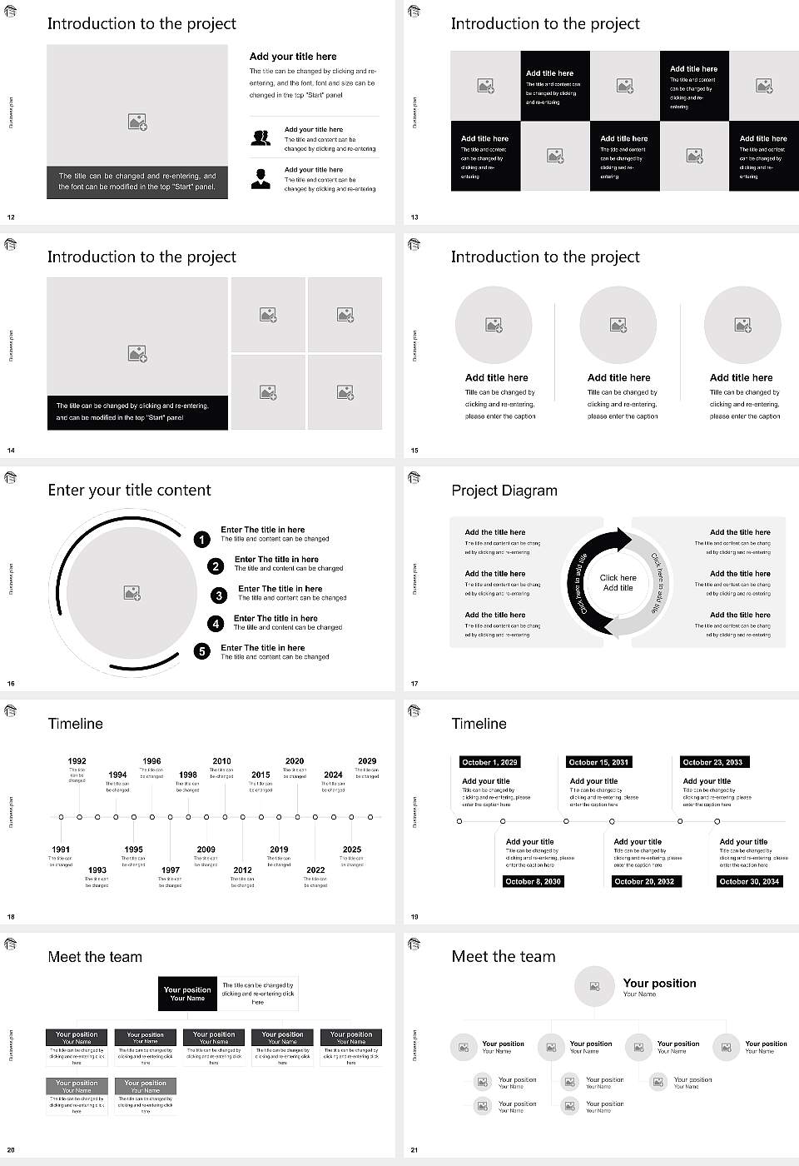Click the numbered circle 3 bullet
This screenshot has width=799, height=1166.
point(219,595)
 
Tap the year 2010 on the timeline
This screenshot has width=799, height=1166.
point(221,761)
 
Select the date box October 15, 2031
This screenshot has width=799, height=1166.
point(598,762)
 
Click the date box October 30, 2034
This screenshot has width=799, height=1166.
point(749,881)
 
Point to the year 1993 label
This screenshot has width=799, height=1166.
point(97,870)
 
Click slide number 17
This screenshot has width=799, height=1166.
point(414,684)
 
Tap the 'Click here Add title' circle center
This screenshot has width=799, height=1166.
point(618,583)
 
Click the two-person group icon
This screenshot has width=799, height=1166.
point(261,138)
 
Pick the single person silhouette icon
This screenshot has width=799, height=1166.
point(261,178)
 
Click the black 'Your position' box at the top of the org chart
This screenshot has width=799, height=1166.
point(187,994)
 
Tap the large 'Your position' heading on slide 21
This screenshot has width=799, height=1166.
point(659,984)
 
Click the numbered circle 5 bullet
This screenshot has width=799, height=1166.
point(202,651)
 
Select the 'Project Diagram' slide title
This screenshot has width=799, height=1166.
point(504,491)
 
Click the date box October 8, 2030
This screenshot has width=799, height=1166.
point(533,881)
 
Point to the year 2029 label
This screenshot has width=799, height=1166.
point(367,761)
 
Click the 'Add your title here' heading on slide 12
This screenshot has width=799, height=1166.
point(293,57)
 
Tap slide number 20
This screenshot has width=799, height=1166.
point(11,1150)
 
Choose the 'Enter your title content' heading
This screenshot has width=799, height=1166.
point(129,491)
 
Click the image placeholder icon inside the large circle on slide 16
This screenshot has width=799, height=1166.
point(132,593)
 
